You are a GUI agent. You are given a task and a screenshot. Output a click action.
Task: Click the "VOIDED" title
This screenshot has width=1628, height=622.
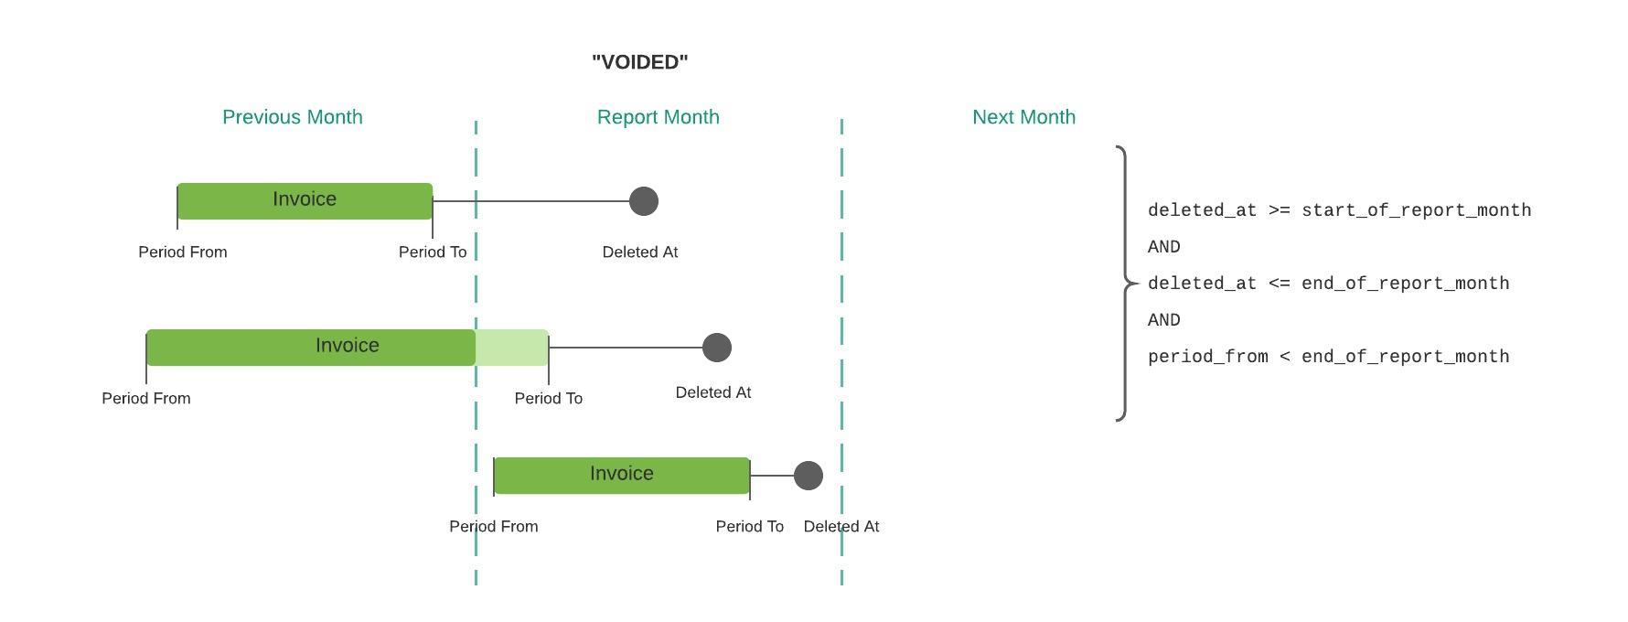click(640, 62)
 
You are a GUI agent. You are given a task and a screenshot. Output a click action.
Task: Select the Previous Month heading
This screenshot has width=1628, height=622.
click(293, 117)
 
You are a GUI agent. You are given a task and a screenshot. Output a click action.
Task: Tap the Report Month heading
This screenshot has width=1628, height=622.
click(659, 117)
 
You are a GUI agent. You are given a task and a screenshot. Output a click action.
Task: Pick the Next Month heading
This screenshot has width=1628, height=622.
click(1024, 117)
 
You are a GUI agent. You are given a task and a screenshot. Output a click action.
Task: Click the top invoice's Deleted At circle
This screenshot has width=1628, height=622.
click(644, 201)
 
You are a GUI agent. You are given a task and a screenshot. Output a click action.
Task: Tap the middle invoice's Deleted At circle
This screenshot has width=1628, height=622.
click(717, 348)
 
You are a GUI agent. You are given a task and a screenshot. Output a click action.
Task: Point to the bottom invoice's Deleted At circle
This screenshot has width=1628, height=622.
click(809, 476)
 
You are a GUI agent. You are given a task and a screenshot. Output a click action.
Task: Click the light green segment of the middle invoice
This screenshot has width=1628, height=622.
click(512, 348)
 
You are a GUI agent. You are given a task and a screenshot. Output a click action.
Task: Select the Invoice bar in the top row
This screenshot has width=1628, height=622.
click(305, 201)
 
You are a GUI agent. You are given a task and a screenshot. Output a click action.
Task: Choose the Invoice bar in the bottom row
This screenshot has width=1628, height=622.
click(622, 476)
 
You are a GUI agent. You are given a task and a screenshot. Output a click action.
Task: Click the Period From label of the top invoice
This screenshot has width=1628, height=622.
click(183, 252)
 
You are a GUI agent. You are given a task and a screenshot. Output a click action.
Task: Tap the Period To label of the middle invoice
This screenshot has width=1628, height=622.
click(549, 398)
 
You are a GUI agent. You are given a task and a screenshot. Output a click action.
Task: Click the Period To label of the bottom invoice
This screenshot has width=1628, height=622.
click(750, 526)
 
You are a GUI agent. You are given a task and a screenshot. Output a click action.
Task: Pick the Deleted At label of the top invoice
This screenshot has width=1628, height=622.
click(640, 252)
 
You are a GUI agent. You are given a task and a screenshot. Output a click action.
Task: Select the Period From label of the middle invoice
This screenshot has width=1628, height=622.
click(146, 398)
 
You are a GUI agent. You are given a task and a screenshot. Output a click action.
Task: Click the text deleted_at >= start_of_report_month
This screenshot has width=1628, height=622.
click(1340, 210)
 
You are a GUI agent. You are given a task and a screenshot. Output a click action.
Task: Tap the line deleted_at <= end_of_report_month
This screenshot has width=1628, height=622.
click(1329, 284)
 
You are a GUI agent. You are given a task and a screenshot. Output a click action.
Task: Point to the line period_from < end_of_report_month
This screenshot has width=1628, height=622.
click(1329, 357)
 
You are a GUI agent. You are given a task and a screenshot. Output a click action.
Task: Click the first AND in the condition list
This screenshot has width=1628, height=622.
click(1164, 247)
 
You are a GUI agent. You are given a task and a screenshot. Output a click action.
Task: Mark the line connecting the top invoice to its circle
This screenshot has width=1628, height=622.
click(531, 201)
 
